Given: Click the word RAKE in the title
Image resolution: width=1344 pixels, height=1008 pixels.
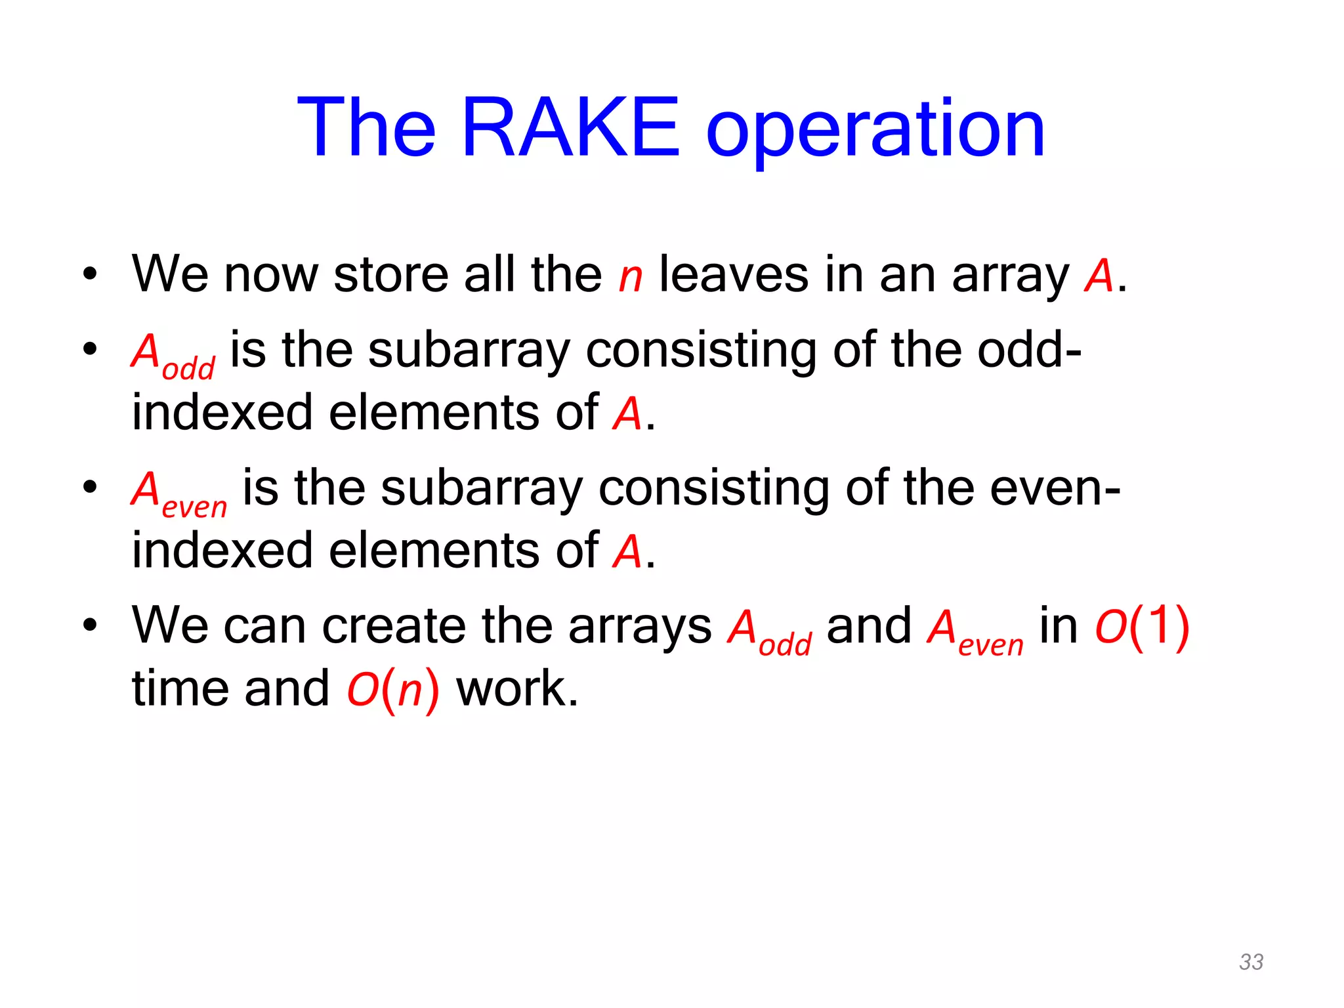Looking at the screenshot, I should [570, 127].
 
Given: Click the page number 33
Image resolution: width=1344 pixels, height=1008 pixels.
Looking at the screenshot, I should [1251, 961].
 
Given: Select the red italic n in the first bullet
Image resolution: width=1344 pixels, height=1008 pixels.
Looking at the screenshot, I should [630, 276].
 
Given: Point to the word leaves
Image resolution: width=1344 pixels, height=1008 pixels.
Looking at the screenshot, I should [734, 274].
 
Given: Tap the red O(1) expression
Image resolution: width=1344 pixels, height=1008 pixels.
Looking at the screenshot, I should [1142, 626].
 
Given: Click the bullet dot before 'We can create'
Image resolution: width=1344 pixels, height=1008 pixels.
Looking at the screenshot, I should [90, 625].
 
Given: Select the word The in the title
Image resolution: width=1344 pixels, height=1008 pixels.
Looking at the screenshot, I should [366, 127].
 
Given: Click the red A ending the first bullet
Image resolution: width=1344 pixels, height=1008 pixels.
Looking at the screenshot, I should [1099, 276].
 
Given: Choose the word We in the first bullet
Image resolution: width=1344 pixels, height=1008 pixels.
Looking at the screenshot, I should [169, 274].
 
